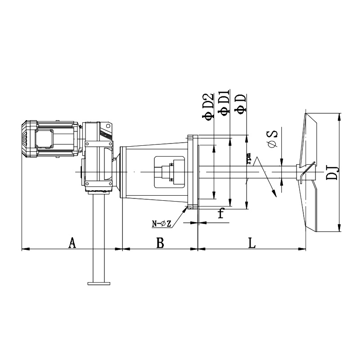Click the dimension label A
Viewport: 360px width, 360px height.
tap(72, 243)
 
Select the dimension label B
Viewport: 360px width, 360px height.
tap(160, 243)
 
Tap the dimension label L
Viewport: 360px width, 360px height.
tap(252, 243)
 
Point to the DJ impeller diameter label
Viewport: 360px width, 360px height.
tap(332, 172)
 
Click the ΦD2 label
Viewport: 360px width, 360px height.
tap(208, 106)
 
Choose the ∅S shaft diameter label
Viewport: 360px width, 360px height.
tap(272, 139)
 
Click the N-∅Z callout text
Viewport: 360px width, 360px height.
tap(162, 224)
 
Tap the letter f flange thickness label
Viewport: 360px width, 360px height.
tap(221, 213)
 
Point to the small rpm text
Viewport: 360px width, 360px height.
tap(249, 158)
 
